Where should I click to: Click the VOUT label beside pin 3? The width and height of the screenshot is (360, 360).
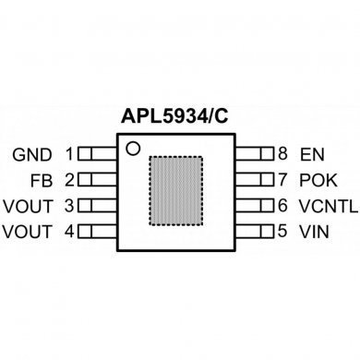[x=27, y=204]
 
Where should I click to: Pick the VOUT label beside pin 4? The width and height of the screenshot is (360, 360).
[x=27, y=230]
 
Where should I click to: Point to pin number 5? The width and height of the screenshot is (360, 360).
[x=283, y=230]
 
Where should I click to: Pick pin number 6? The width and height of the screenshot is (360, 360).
[x=283, y=204]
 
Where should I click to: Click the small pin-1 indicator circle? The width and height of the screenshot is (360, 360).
[x=133, y=148]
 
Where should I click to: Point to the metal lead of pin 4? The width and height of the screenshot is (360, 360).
[x=95, y=230]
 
